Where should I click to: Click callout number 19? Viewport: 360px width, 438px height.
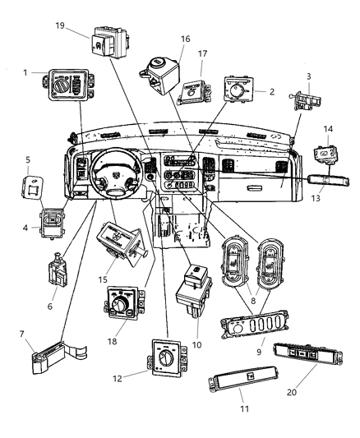pyautogui.click(x=61, y=25)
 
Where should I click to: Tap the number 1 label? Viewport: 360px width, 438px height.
pyautogui.click(x=27, y=72)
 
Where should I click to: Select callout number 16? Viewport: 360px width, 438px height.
pyautogui.click(x=184, y=39)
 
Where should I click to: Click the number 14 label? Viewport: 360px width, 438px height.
pyautogui.click(x=327, y=129)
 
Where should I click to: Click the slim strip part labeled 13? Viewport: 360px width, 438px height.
pyautogui.click(x=312, y=178)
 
